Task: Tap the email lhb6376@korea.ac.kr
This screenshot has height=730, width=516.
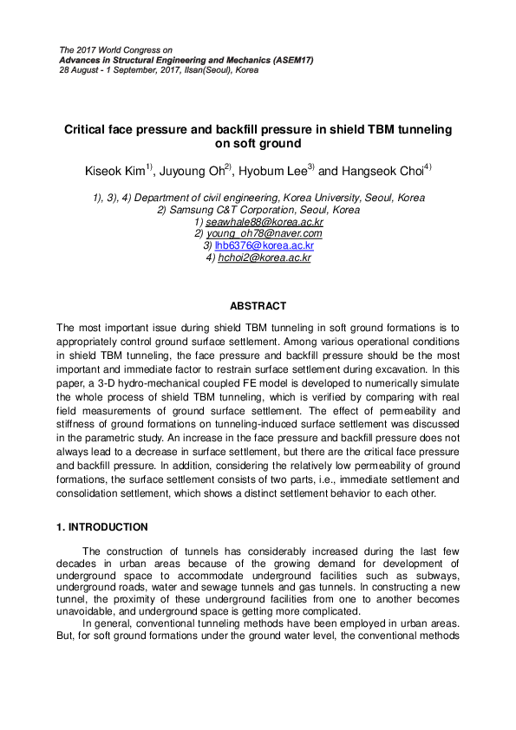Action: pyautogui.click(x=264, y=245)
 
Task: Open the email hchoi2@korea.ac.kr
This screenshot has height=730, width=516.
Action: pyautogui.click(x=264, y=257)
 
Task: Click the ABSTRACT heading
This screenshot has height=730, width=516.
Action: pyautogui.click(x=258, y=306)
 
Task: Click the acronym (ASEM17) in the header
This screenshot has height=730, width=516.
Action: pyautogui.click(x=289, y=60)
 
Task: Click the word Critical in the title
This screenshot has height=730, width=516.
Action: pyautogui.click(x=88, y=129)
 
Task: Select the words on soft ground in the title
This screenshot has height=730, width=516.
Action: pyautogui.click(x=258, y=144)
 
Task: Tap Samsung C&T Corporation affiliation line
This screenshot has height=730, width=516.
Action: pyautogui.click(x=258, y=210)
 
